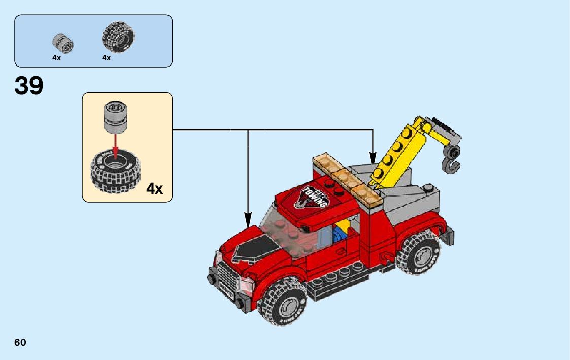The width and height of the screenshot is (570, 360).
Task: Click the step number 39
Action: tap(29, 86)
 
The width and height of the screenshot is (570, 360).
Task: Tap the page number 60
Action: tap(20, 342)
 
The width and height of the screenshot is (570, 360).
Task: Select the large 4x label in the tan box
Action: tap(154, 189)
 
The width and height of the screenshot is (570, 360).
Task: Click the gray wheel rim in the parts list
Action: tap(63, 43)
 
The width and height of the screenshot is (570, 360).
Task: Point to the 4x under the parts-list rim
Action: tap(56, 58)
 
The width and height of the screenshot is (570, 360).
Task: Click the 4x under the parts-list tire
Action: tap(106, 58)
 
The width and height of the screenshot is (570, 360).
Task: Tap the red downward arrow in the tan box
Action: tap(115, 145)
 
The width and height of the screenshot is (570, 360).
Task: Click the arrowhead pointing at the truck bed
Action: tap(373, 158)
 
